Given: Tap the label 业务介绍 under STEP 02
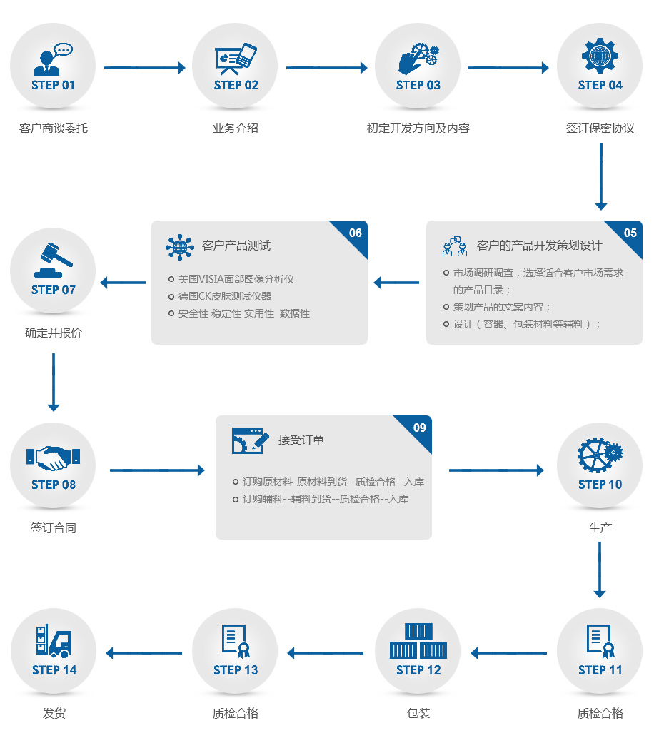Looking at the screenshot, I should point(235,128).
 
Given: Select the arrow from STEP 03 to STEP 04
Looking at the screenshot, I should point(508,68).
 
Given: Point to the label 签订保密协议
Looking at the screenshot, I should point(600,128).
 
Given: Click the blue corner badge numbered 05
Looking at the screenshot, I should point(628,233).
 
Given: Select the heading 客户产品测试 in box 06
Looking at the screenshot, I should point(236,246).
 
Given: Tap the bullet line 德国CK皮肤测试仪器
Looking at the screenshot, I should point(225,296).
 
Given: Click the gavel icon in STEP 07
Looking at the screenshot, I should point(54,260).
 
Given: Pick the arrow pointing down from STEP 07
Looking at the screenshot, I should point(54,382).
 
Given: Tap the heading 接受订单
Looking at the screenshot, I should point(301,440).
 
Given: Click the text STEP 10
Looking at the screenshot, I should point(600,485).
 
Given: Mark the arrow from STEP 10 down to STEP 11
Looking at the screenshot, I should point(600,569).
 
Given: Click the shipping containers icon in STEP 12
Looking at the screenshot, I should point(418,640).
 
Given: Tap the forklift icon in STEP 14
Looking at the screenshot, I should point(54,641).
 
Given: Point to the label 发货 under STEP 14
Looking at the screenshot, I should point(54,713).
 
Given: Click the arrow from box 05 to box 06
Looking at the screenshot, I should point(397,283).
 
